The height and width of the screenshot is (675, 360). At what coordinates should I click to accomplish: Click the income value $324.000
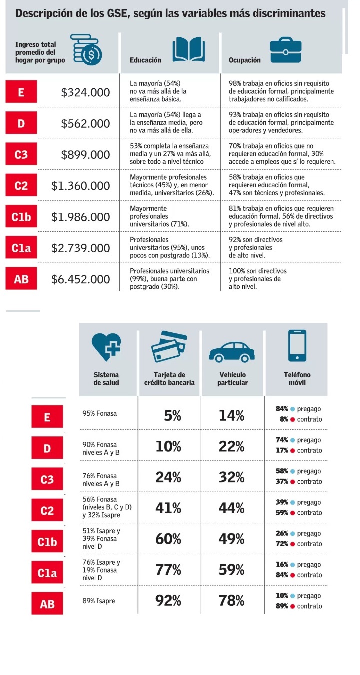pos(85,92)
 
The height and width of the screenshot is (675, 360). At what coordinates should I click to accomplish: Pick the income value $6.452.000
pos(81,279)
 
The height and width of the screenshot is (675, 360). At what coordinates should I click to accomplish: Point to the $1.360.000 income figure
pos(81,186)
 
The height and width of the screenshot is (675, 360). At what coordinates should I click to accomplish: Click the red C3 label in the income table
pos(21,155)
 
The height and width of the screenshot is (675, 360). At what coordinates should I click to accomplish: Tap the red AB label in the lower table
pos(47,604)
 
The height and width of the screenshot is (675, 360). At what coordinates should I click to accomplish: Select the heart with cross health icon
pos(106,345)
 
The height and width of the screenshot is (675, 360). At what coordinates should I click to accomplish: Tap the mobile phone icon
pos(297,345)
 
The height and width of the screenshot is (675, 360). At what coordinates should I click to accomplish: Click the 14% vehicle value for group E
pos(232,415)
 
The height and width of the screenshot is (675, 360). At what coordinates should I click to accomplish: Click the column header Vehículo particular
pos(232,379)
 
